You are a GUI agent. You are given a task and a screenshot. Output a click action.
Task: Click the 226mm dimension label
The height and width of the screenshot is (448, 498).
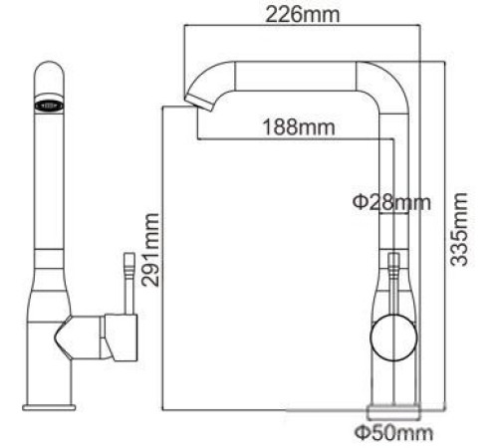coord(304,14)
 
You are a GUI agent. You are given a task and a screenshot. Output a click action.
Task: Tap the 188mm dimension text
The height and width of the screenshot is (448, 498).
coord(297,126)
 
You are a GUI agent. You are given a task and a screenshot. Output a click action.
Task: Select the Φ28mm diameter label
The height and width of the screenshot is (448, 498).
coord(391,203)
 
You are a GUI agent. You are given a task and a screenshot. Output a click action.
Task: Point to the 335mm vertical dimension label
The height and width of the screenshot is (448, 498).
coord(457,229)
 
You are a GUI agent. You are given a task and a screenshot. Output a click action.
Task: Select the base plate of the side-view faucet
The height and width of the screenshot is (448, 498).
coord(393,410)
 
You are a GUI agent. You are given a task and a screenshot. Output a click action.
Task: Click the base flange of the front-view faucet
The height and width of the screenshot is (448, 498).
coord(50,404)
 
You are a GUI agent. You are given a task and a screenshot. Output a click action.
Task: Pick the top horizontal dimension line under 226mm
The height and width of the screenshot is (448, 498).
coord(304,30)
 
